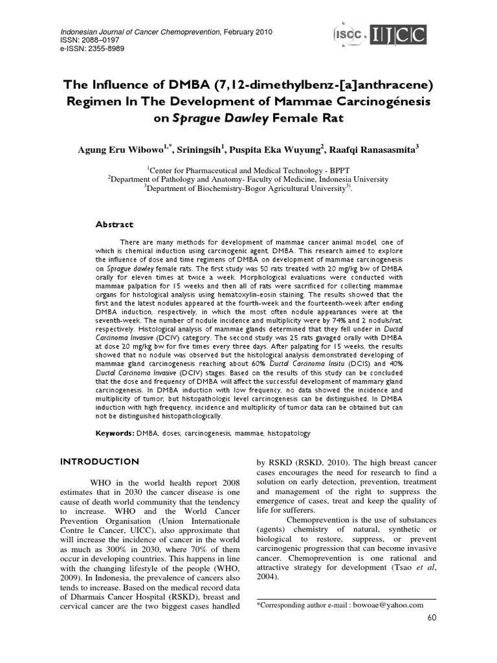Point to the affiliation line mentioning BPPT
(248, 169)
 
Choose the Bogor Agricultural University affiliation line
(248, 188)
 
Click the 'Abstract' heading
(115, 225)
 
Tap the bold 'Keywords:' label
(115, 433)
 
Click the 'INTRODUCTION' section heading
(99, 462)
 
